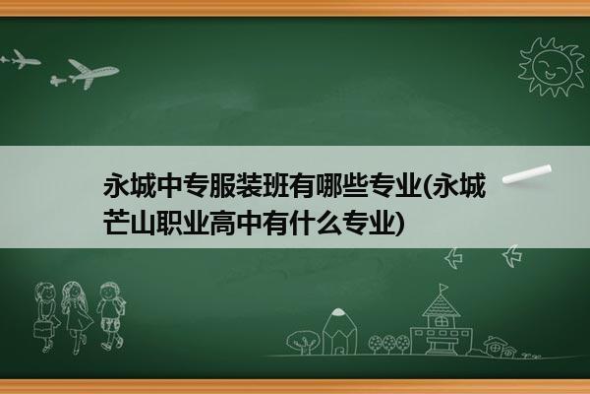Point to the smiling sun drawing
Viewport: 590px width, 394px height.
(x=552, y=66)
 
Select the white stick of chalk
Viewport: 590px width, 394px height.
(x=527, y=174)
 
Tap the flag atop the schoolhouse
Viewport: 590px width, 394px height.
(x=444, y=288)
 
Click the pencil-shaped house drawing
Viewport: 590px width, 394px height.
(x=339, y=332)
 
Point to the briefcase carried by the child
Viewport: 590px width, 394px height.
(x=41, y=328)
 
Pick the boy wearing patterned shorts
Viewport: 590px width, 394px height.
(x=111, y=316)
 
